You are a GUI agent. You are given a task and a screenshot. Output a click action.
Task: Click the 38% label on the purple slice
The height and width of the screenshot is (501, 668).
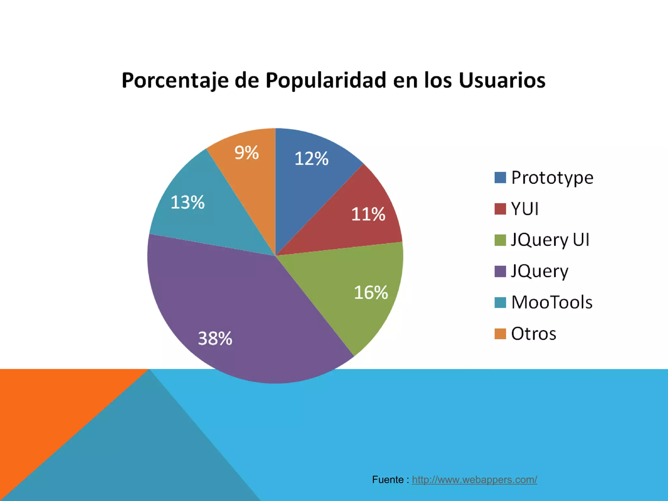point(215,338)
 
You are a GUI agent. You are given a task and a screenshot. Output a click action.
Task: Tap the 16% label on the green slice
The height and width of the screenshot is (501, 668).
point(371,292)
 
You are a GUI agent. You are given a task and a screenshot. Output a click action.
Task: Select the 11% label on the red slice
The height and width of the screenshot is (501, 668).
point(368,214)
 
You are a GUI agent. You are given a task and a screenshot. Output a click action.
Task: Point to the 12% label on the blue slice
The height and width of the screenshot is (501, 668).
point(311,159)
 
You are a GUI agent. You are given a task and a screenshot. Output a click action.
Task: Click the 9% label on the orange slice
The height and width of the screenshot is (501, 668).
point(247,153)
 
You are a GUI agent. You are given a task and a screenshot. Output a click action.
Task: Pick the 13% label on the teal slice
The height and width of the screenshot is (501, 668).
point(188,202)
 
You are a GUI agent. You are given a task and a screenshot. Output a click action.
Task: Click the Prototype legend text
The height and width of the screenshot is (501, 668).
point(552,178)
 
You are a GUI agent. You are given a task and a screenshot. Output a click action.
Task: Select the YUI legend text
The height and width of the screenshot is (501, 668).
point(524,209)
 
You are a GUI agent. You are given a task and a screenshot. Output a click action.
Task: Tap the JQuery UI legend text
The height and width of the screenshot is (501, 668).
point(550,240)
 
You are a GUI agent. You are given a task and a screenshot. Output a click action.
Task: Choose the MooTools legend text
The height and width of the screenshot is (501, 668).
point(552,302)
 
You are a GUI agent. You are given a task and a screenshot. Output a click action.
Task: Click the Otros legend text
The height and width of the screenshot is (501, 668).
point(533,334)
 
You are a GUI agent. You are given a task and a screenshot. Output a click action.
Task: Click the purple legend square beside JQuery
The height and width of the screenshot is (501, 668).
point(500,271)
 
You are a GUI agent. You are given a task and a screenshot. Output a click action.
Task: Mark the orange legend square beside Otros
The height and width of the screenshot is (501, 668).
point(500,334)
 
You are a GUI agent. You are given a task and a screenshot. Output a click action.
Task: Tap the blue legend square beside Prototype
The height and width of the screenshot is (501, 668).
point(500,178)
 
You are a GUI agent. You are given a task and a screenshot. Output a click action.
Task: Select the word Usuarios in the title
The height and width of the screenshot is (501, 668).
point(502,80)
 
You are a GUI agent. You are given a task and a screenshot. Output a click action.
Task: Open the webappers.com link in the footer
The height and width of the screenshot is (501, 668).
point(474,479)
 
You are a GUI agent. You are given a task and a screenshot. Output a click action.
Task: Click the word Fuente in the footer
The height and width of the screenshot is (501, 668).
point(388,479)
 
